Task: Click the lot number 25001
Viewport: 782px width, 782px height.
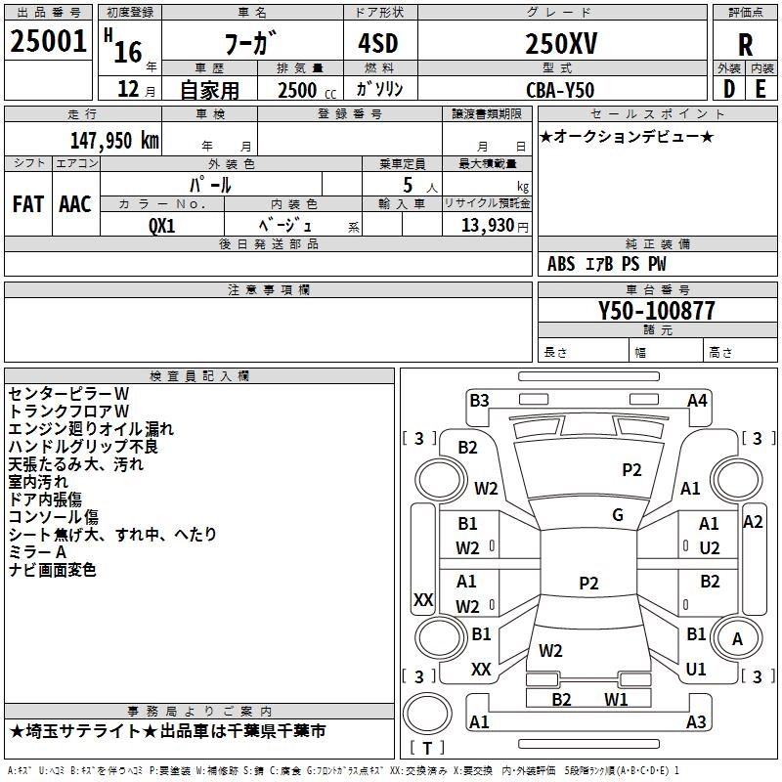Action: point(48,42)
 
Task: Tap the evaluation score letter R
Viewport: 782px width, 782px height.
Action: point(745,45)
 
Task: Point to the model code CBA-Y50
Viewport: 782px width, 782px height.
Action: point(561,89)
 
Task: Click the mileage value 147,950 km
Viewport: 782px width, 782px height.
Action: point(114,140)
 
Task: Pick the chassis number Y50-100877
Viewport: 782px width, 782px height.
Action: point(657,311)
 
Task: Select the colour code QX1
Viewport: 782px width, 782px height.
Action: point(162,225)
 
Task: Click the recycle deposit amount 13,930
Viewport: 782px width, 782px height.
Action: point(486,226)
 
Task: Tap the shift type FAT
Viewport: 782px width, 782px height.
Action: point(27,204)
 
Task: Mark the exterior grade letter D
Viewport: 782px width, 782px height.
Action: point(728,88)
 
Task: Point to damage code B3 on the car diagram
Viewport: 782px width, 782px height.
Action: point(479,400)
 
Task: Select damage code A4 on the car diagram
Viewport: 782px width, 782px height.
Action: point(697,400)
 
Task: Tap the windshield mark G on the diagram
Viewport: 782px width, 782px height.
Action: point(618,515)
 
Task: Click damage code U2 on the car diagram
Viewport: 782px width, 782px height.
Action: point(710,547)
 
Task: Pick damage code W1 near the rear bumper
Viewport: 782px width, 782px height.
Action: point(616,699)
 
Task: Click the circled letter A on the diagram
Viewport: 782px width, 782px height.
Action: point(737,638)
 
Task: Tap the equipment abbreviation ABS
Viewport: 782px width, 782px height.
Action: point(561,264)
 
